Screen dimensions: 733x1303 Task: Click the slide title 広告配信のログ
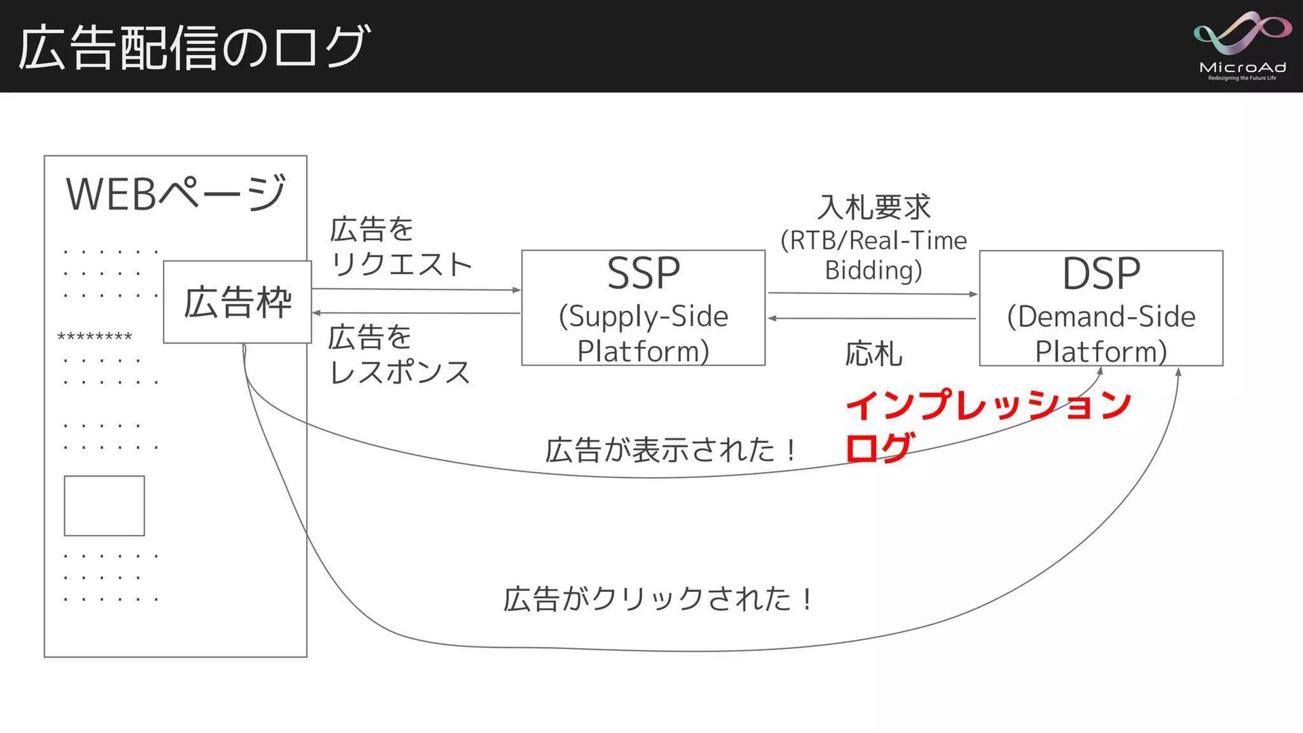point(194,48)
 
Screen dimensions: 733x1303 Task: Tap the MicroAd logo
point(1242,46)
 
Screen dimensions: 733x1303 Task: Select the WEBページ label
point(176,193)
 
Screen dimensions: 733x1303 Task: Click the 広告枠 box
point(238,302)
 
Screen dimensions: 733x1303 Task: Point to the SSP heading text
point(643,274)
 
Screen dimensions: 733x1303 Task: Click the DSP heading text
point(1101,274)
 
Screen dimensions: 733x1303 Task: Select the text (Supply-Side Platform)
point(643,333)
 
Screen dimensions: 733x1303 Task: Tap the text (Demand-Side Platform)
point(1101,333)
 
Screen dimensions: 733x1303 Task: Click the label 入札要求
point(874,207)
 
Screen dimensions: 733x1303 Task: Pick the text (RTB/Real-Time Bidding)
point(874,255)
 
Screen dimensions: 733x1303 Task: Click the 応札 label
point(874,354)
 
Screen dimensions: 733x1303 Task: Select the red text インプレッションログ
point(987,424)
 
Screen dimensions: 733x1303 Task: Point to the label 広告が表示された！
point(672,450)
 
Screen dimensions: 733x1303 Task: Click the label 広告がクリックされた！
point(658,599)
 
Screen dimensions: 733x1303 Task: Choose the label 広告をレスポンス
point(399,355)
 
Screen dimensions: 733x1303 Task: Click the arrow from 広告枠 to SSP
point(415,290)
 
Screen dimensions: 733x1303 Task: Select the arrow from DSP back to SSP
point(872,318)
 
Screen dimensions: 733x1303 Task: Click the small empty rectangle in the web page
point(105,506)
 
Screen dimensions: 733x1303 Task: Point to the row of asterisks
point(95,337)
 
